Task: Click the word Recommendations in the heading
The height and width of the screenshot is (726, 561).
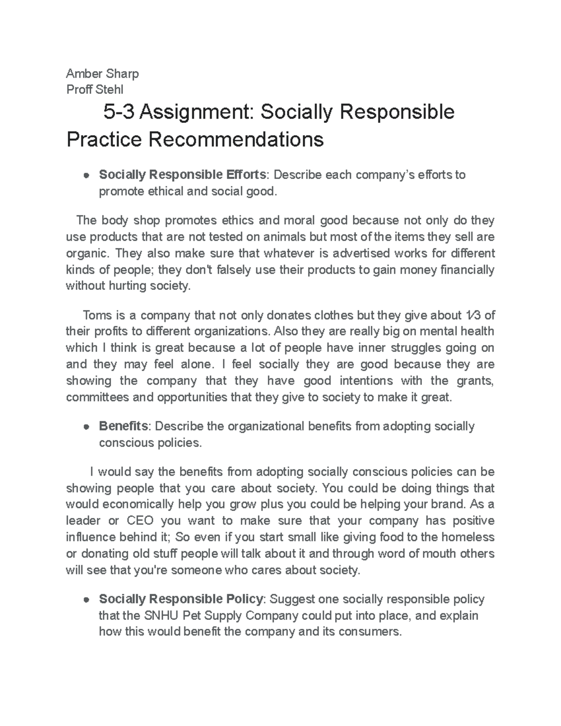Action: (236, 139)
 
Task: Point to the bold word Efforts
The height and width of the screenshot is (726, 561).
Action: (246, 175)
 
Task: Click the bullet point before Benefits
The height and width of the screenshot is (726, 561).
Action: (86, 427)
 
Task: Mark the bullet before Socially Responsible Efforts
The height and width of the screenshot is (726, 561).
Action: (86, 175)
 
